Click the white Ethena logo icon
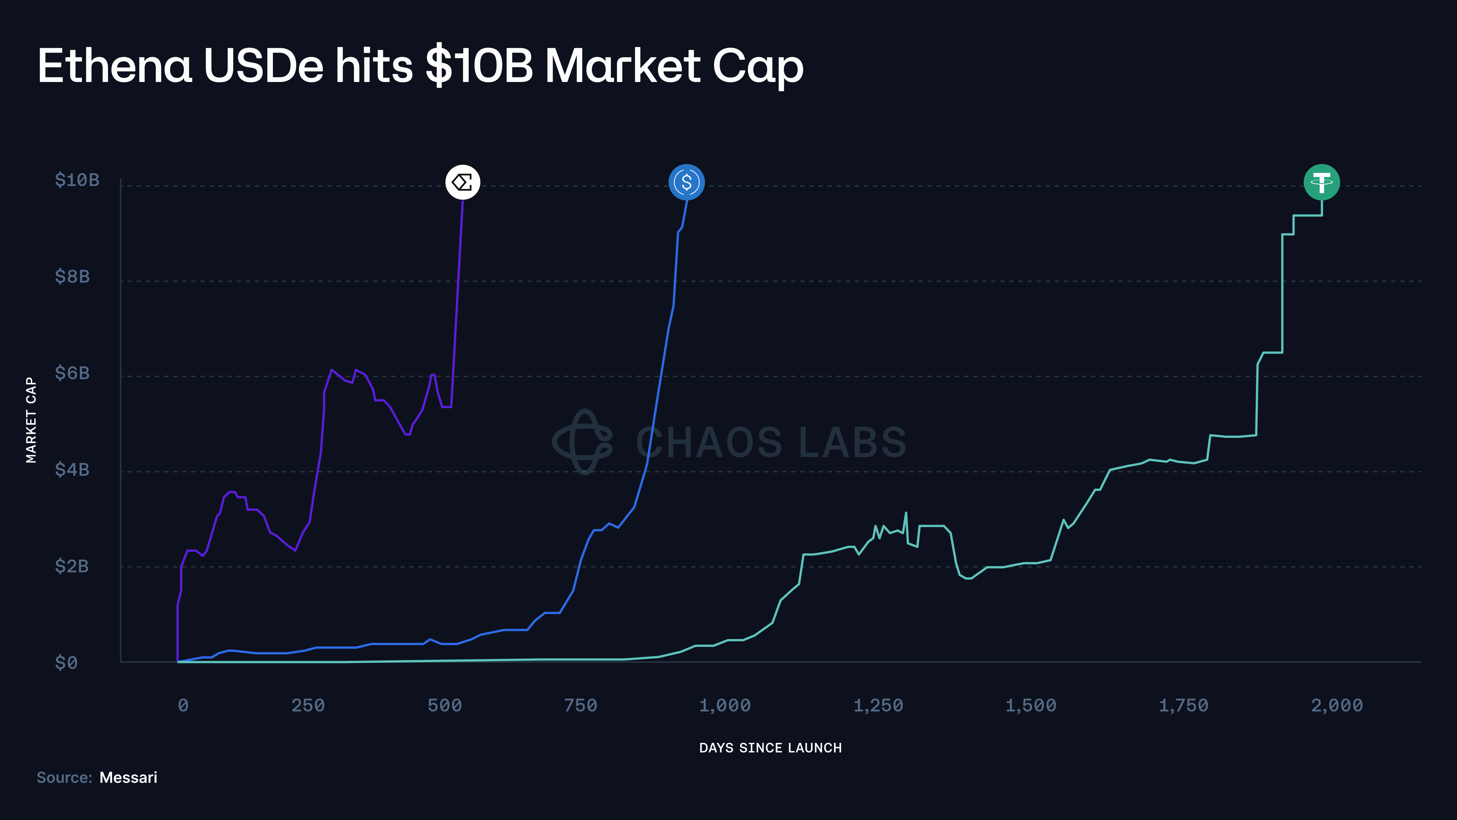463,182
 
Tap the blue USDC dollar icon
687,182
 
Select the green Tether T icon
1322,182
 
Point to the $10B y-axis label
77,180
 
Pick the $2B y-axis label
72,566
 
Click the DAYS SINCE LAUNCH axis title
770,748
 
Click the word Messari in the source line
128,777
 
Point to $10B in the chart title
480,66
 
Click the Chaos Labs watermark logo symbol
583,441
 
